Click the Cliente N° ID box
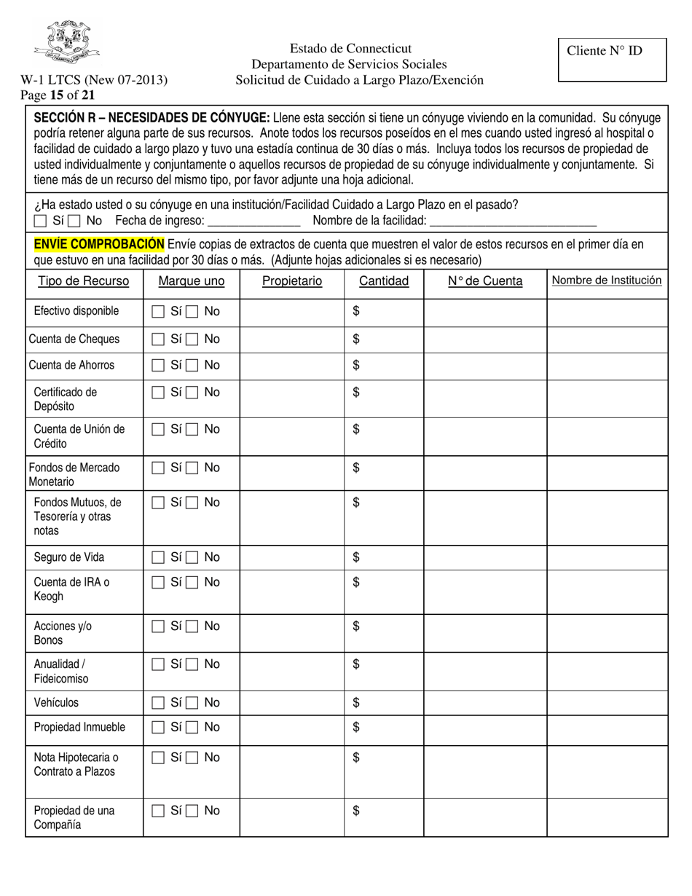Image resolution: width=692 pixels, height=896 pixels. [612, 60]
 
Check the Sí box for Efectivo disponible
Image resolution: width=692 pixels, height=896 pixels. [157, 312]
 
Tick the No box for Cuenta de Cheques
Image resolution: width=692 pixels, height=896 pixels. [192, 339]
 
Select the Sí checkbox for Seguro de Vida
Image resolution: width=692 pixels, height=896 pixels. [157, 558]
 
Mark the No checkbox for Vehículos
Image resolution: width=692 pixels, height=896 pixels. [192, 703]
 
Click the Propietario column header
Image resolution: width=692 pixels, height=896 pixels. [292, 281]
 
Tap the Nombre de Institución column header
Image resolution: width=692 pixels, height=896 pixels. [606, 280]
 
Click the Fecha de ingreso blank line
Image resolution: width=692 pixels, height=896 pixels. [254, 221]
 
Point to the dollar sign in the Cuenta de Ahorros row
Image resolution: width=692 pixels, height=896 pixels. [356, 365]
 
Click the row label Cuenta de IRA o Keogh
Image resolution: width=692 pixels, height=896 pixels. [71, 589]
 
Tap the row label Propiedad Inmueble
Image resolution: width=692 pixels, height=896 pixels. [79, 727]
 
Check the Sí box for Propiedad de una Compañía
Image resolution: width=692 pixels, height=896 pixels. [157, 811]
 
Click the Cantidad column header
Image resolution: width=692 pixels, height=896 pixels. [384, 281]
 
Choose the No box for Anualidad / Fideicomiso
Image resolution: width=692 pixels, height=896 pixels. [192, 664]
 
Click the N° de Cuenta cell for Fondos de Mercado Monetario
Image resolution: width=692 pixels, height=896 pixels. [485, 473]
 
